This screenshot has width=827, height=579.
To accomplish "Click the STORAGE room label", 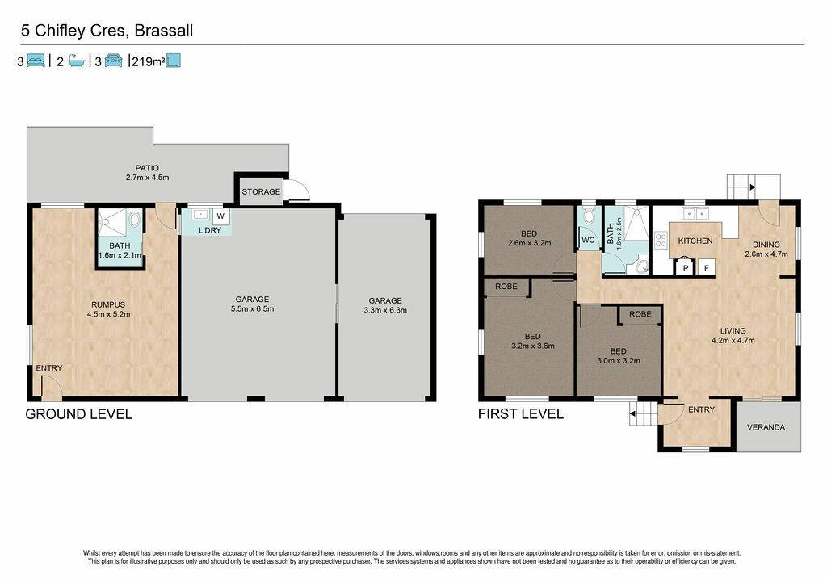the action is click(261, 191).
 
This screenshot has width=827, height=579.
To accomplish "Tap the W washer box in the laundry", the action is click(220, 216).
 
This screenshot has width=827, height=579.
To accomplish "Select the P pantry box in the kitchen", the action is click(685, 268).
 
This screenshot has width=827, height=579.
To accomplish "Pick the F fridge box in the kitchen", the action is click(706, 268).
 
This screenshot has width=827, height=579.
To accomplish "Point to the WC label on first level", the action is click(588, 240).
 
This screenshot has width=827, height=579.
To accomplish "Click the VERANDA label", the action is click(766, 427).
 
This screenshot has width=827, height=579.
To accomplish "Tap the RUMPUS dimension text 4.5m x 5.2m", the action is click(109, 314).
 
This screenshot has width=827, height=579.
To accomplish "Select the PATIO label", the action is click(147, 168).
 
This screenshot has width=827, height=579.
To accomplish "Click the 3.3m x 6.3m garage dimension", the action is click(385, 310).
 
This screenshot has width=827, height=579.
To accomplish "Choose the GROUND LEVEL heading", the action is click(78, 414).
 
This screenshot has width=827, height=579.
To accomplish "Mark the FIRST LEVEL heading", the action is click(521, 414).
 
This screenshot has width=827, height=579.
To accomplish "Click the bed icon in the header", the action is click(36, 61).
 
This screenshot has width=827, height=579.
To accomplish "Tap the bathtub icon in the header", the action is click(77, 61).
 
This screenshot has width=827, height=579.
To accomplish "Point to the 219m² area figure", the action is click(149, 61).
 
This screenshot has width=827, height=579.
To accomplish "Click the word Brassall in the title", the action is click(163, 31).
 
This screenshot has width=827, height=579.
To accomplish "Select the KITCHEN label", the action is click(695, 241).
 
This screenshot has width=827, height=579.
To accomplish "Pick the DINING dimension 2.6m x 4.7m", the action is click(766, 254).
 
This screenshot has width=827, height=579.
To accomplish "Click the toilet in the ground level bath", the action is click(135, 219).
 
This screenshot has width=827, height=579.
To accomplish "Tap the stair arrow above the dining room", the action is click(752, 187).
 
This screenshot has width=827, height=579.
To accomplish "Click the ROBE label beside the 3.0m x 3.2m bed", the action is click(640, 314).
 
